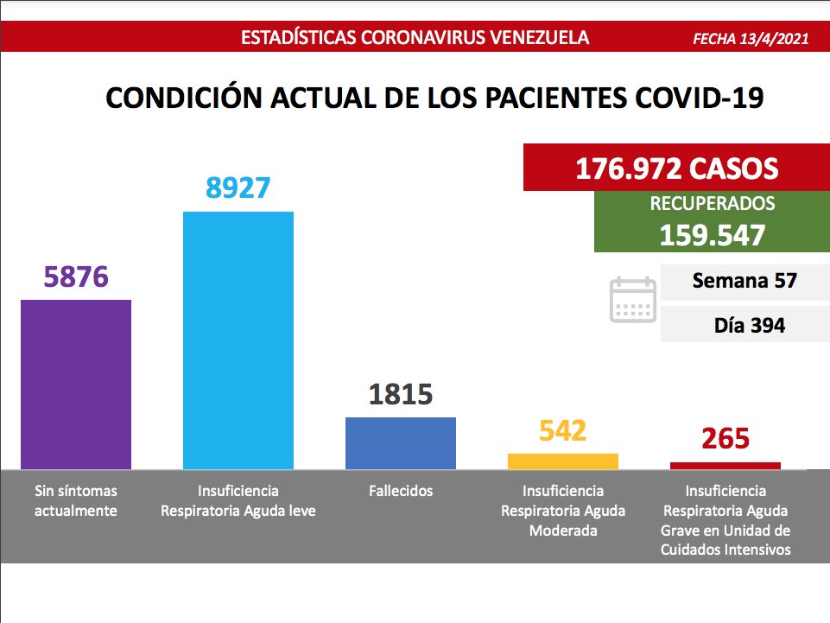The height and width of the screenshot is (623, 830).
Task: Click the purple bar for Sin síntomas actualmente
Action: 76,384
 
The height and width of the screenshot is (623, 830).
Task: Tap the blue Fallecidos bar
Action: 400,442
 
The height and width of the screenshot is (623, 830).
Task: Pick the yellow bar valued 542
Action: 562,461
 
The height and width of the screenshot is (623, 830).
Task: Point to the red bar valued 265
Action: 725,466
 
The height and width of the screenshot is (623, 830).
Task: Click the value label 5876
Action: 76,278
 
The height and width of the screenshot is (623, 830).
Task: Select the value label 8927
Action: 238,188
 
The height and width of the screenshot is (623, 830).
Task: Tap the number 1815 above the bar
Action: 400,394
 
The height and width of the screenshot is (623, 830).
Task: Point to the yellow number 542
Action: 562,430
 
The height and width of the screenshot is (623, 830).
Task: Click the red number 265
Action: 725,438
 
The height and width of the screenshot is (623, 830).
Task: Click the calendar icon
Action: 633,300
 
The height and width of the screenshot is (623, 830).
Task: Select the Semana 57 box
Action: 744,281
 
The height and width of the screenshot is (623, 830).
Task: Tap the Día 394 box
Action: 744,326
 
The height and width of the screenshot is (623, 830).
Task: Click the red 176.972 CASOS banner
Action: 676,167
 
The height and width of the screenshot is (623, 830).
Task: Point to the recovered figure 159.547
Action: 713,234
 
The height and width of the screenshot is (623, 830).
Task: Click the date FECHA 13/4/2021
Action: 751,39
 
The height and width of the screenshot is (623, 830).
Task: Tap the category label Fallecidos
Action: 400,491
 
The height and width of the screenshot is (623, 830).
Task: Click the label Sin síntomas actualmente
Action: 76,500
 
